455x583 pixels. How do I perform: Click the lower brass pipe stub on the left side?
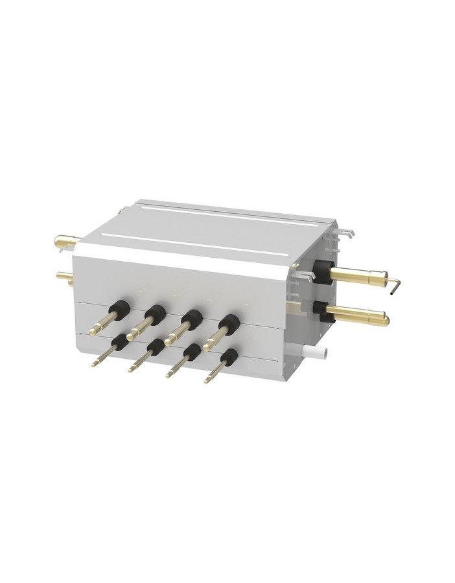pos(65,277)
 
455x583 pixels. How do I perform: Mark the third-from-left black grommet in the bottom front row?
pos(191,352)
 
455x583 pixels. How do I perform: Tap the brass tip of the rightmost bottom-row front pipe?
pos(207,382)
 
